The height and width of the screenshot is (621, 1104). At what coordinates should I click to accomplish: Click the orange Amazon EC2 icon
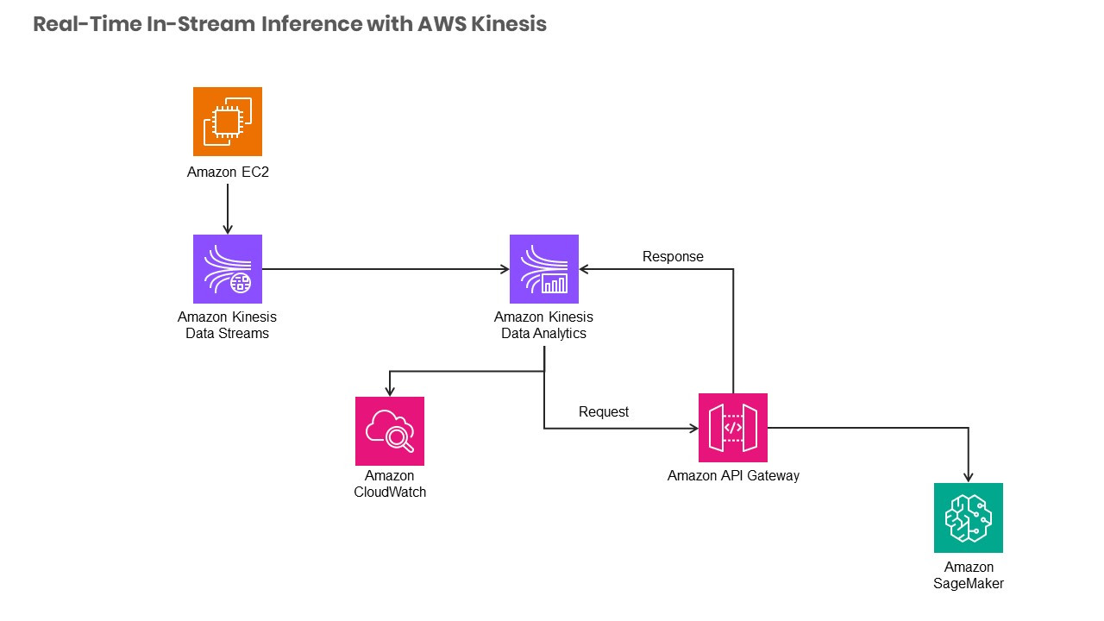point(227,122)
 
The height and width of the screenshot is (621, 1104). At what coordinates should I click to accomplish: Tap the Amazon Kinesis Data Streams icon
point(227,269)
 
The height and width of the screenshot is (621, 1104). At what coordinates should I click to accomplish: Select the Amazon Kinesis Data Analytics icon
point(543,269)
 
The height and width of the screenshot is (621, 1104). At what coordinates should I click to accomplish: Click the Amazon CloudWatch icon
point(390,430)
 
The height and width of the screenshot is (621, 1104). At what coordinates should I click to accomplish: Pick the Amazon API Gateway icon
point(732,428)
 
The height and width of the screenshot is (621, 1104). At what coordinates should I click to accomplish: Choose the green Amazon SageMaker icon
point(968,517)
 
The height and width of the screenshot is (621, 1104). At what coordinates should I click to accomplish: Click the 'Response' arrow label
point(673,256)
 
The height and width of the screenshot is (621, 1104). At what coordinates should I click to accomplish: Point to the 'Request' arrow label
point(604,411)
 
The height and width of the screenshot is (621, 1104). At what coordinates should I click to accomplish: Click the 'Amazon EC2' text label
point(227,172)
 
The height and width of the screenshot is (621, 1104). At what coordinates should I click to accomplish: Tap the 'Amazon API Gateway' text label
point(733,475)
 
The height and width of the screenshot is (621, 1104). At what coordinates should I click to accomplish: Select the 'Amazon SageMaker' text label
point(969,575)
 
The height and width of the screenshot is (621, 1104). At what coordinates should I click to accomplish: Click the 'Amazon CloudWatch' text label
point(390,484)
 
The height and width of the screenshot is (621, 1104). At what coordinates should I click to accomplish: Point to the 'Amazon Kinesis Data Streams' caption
point(227,325)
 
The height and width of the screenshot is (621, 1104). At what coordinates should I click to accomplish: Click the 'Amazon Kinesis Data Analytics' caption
point(543,325)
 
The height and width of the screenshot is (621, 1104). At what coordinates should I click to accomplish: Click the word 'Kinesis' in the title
point(509,24)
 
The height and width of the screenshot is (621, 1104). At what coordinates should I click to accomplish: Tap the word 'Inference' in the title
point(310,24)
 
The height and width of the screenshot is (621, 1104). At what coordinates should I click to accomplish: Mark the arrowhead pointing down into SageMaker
point(968,477)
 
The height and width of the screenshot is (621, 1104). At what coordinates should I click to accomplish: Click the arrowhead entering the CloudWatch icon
point(390,391)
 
